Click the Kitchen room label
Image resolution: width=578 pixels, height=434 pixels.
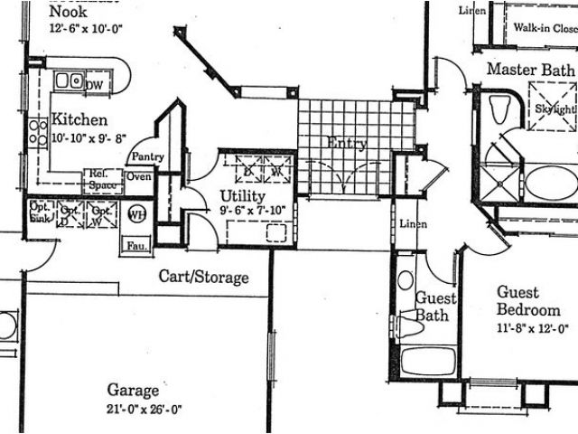79,120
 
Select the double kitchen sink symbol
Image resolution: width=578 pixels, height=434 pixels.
68,81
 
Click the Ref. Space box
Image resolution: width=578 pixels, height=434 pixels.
103,178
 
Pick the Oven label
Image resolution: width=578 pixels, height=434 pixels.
138,177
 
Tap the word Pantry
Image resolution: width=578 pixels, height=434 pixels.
147,157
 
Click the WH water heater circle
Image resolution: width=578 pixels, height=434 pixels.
136,215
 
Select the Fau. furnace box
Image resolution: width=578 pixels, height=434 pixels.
136,244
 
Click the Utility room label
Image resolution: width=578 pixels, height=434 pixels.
243,196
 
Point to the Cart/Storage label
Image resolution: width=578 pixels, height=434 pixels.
203,277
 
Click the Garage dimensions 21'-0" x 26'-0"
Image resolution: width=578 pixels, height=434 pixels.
144,409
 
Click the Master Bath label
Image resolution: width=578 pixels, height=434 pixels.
530,70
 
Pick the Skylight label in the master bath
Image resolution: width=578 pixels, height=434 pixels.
552,108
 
